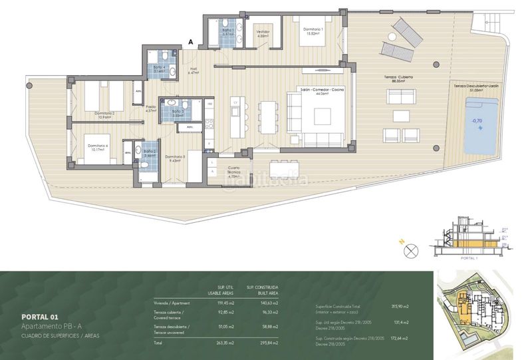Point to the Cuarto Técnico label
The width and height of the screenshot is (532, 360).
click(233, 170)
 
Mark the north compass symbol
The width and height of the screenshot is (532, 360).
click(411, 251)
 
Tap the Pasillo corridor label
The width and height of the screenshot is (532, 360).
click(151, 108)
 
